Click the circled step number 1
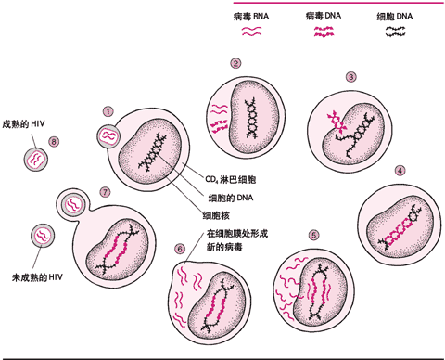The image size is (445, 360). [x=108, y=111]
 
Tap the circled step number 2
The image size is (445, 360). [x=235, y=63]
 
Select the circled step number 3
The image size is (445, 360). [x=350, y=77]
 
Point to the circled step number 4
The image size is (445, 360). [x=400, y=171]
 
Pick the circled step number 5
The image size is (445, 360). [x=338, y=236]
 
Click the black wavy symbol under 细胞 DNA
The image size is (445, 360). [x=397, y=31]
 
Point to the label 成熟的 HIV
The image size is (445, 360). [x=23, y=123]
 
